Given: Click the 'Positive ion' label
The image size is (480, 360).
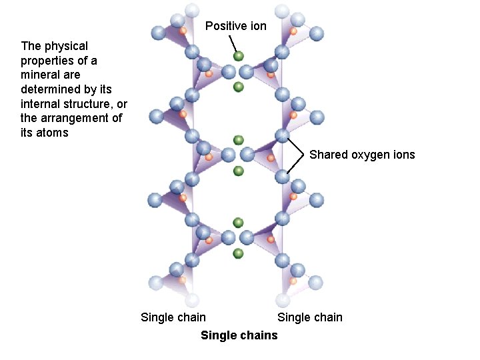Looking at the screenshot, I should click(235, 26).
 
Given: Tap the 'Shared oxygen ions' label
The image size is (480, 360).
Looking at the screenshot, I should click(362, 155).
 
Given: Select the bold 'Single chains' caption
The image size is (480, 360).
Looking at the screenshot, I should click(239, 335).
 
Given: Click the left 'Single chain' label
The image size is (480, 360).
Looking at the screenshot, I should click(173, 317).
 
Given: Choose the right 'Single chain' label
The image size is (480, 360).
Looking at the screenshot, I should click(310, 317).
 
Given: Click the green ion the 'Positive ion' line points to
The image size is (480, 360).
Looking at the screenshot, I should click(239, 57).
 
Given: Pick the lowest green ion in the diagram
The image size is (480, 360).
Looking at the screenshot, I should click(238, 253).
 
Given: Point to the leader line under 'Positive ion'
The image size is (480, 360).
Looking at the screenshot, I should click(233, 43).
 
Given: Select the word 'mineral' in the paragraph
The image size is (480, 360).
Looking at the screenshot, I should click(39, 75).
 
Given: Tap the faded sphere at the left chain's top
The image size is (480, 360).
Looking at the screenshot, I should click(192, 10).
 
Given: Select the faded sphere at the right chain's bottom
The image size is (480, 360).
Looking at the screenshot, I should click(283, 299).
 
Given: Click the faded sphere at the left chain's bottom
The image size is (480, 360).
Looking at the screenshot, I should click(193, 299).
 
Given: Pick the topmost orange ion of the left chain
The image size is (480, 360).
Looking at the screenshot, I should click(183, 31).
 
